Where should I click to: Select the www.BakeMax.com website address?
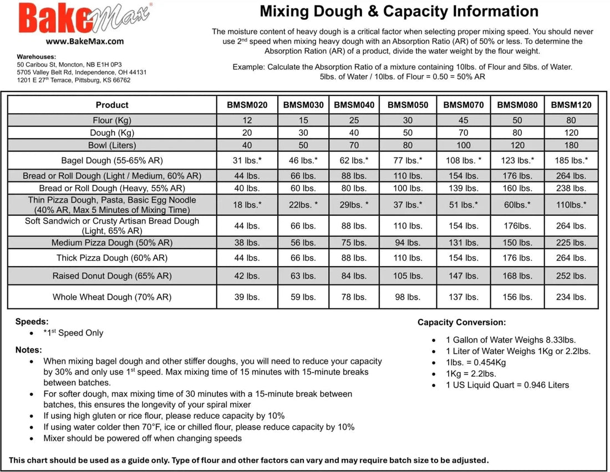85,41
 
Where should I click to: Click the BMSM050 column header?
408,105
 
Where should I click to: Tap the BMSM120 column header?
571,105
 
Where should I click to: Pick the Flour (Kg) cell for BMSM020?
247,120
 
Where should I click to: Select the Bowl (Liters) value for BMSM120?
571,145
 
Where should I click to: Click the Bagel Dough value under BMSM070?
464,161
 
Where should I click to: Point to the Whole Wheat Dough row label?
112,297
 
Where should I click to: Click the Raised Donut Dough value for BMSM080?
517,276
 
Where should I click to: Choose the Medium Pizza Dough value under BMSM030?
303,243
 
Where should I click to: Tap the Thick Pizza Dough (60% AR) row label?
112,258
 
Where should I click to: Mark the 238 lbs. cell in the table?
571,188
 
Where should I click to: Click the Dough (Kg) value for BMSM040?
354,133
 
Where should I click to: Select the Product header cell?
112,105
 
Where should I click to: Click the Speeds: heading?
32,321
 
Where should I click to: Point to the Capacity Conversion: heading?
461,322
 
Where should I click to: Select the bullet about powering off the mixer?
143,438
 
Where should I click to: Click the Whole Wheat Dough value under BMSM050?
408,297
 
